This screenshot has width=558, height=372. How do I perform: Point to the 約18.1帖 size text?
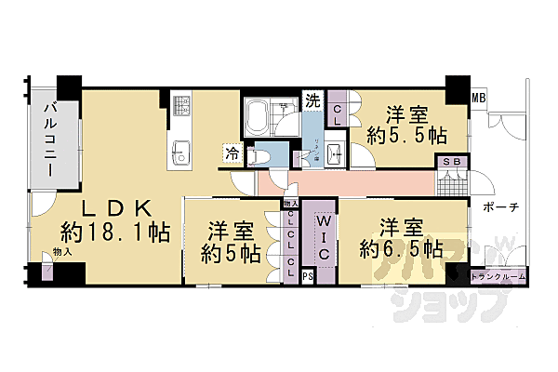(115, 232)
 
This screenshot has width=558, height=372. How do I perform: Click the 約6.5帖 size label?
(400, 249)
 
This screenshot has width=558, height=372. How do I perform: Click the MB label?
(478, 97)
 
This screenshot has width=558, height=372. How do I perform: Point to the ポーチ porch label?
(500, 207)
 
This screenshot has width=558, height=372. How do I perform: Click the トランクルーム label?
(498, 276)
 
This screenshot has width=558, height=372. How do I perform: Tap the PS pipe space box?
(308, 276)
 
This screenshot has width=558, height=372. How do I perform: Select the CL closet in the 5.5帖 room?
(338, 114)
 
